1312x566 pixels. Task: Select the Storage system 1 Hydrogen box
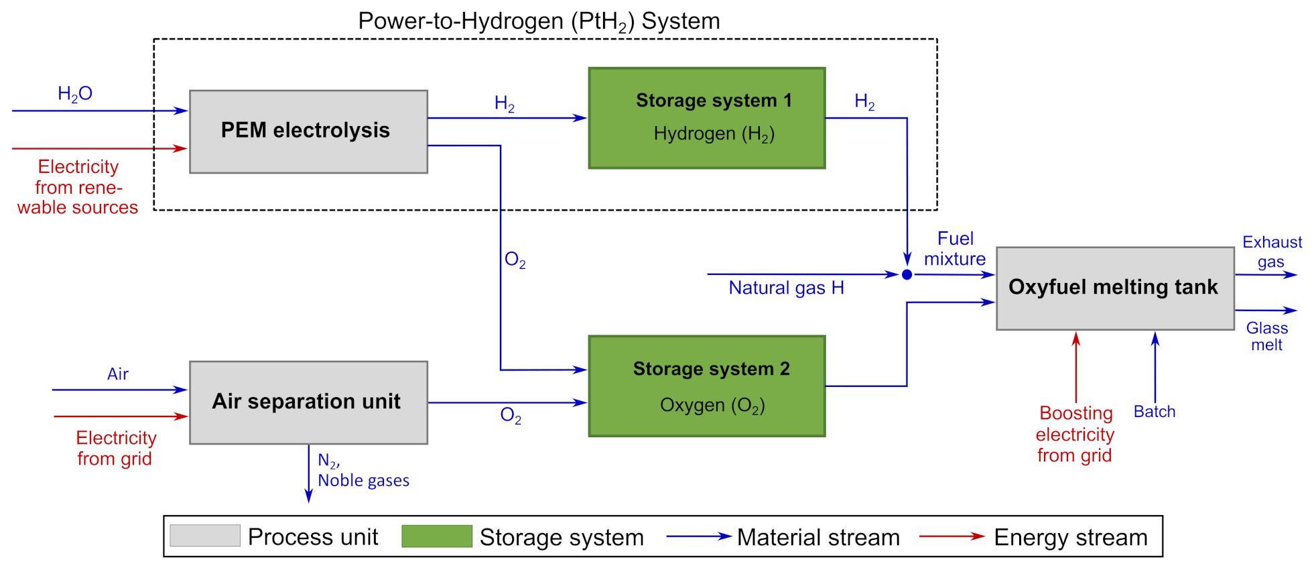706,118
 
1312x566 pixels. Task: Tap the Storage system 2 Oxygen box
706,386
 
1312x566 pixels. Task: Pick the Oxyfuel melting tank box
1114,288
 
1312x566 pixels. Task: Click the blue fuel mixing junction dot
907,274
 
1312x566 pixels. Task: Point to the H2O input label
75,94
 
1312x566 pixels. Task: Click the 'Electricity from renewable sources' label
78,187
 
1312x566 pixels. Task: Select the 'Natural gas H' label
786,288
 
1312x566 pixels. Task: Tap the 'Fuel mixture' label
955,249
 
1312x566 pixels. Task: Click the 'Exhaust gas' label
1272,251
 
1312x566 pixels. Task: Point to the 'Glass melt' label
1266,336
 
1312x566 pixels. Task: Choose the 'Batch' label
1154,412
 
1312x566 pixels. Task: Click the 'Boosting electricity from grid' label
1075,434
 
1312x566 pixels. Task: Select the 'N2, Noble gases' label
363,470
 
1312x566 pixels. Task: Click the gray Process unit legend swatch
205,536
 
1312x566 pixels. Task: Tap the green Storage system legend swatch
437,536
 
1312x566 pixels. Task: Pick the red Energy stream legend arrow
952,536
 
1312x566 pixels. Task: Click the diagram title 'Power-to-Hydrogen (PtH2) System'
539,21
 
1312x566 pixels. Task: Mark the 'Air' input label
118,374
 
